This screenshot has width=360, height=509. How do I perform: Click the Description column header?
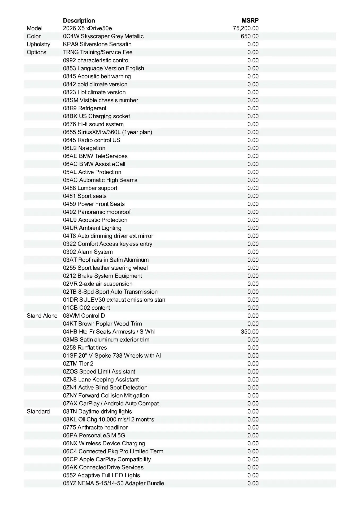click(x=79, y=21)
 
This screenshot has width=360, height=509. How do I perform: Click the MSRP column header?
click(x=250, y=21)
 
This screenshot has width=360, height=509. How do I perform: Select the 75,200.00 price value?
click(x=246, y=28)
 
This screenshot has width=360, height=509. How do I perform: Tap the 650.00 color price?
click(x=250, y=36)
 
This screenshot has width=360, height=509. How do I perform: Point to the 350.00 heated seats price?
click(x=250, y=332)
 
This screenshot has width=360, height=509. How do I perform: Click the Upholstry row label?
click(x=38, y=44)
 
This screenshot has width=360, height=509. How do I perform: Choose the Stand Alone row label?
click(x=42, y=316)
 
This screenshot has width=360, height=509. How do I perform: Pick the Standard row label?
click(x=38, y=411)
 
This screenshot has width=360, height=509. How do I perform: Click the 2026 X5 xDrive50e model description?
click(x=87, y=28)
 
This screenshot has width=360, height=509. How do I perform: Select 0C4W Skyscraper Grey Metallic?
click(x=103, y=36)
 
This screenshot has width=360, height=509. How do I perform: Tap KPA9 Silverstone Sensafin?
click(x=97, y=44)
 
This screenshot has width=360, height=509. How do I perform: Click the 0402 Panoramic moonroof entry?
click(x=97, y=212)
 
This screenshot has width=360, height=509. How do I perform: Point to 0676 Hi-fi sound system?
click(x=93, y=124)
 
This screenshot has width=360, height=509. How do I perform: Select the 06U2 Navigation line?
click(x=84, y=148)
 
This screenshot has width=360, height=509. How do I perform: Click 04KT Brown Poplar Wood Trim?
click(x=102, y=324)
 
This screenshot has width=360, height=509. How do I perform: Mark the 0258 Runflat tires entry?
click(x=85, y=348)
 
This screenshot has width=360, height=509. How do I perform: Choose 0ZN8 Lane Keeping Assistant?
click(x=101, y=380)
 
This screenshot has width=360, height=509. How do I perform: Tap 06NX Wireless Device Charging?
click(x=104, y=443)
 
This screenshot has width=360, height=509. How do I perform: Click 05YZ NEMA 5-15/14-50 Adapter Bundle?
click(x=114, y=483)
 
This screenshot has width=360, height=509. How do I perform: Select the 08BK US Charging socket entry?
click(x=97, y=116)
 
